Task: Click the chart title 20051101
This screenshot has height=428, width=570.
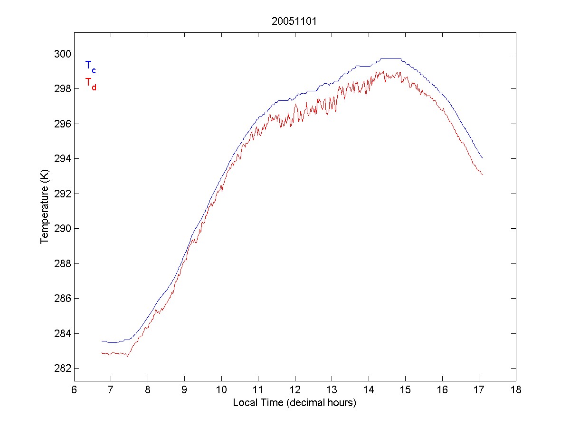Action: (294, 21)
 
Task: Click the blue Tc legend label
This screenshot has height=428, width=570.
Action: (90, 67)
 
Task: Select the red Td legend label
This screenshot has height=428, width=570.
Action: (90, 83)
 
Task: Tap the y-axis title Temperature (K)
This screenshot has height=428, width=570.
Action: (45, 208)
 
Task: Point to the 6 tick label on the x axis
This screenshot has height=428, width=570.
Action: (74, 390)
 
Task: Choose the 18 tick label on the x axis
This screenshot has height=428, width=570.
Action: (516, 390)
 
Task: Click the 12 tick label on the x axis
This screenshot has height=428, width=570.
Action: (295, 390)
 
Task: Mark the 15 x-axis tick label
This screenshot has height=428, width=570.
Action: (405, 390)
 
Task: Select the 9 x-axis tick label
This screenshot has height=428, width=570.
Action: (184, 390)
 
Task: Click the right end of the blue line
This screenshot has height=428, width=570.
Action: (483, 158)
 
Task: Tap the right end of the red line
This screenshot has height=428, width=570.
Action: (483, 175)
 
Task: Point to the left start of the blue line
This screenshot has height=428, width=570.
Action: (102, 341)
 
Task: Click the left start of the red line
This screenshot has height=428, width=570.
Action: (102, 352)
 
